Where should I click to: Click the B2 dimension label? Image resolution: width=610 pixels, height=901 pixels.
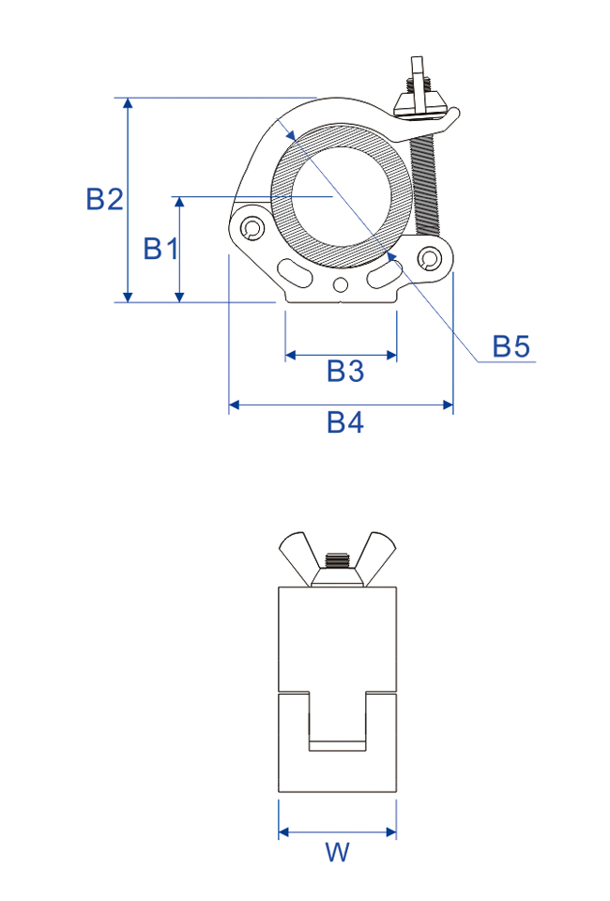(x=104, y=199)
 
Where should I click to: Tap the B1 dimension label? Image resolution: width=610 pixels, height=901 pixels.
(x=160, y=249)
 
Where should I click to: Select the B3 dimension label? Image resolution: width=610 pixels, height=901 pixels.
(x=345, y=371)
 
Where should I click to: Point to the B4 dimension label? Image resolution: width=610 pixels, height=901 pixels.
(x=345, y=422)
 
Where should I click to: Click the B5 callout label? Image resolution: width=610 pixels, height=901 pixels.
(x=511, y=346)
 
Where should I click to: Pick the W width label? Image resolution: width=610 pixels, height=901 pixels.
(x=337, y=851)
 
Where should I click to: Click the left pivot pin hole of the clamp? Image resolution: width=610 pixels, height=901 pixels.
(x=251, y=228)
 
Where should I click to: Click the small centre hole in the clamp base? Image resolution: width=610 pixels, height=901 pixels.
(x=342, y=284)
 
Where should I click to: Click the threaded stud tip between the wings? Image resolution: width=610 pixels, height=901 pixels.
(x=337, y=559)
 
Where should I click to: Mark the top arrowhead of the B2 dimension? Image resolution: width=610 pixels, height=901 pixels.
(x=128, y=103)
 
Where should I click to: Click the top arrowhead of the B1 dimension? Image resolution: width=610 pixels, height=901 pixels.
(x=179, y=203)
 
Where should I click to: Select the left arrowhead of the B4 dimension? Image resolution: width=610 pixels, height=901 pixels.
(x=235, y=405)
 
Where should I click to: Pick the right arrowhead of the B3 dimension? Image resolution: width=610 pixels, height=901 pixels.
(x=391, y=355)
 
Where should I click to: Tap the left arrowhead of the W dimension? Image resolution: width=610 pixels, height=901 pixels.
(x=283, y=832)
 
